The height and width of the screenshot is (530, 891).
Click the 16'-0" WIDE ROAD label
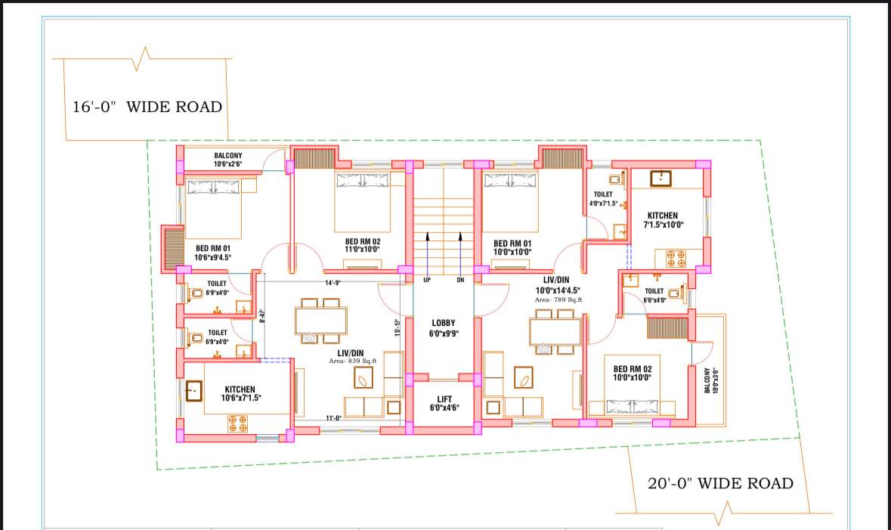point(147,107)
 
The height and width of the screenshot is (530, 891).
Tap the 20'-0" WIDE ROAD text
point(720,483)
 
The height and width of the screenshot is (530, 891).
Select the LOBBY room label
point(444,328)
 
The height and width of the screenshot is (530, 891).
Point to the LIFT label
point(444,404)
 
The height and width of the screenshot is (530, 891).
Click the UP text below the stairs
point(427,280)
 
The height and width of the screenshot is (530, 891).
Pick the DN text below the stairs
point(460,280)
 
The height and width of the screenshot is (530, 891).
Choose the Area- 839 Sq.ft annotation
point(352,361)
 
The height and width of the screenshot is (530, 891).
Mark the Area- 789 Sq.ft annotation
point(558,300)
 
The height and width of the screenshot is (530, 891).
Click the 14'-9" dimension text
point(333,283)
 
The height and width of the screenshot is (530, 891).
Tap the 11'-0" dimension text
point(333,417)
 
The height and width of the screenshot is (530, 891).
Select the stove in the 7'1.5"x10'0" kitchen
point(675,257)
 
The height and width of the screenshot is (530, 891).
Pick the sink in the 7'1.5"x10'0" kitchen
point(661,178)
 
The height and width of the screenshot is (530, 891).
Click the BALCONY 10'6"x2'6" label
point(227,160)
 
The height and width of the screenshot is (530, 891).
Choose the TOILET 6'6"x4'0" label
point(654,295)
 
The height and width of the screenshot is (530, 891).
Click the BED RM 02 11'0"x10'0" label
point(362,245)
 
